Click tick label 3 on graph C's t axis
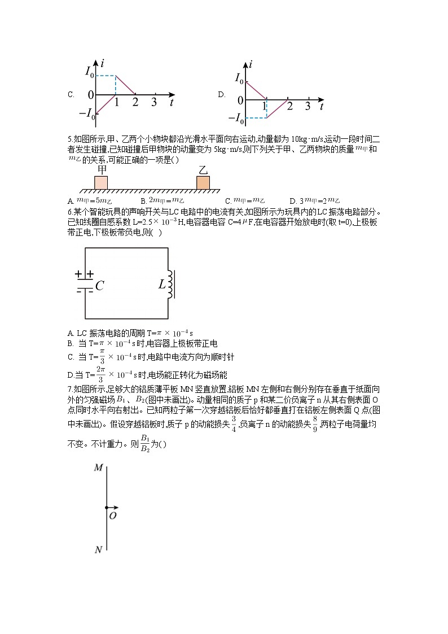coord(154,102)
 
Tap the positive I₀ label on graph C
coord(89,72)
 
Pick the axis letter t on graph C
coord(171,103)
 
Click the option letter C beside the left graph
coord(71,95)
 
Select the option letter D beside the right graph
coord(222,95)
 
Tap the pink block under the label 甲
coord(101,182)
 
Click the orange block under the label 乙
coord(203,182)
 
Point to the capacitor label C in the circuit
coord(100,286)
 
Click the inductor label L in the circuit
coord(162,285)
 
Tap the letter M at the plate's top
coord(98,467)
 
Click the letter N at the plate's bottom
coord(98,549)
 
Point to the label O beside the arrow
coord(113,515)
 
